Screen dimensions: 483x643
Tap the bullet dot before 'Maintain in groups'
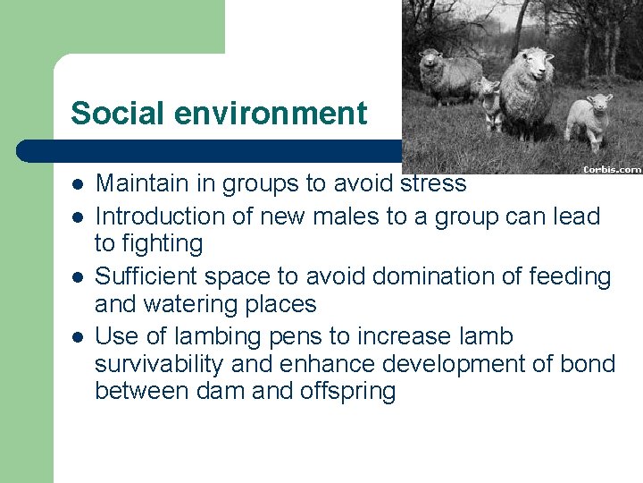click(78, 184)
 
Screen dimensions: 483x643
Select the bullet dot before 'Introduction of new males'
click(78, 216)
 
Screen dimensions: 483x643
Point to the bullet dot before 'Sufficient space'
click(78, 277)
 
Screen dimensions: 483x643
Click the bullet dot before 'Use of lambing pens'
click(78, 337)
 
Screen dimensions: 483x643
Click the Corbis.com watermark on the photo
click(612, 168)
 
